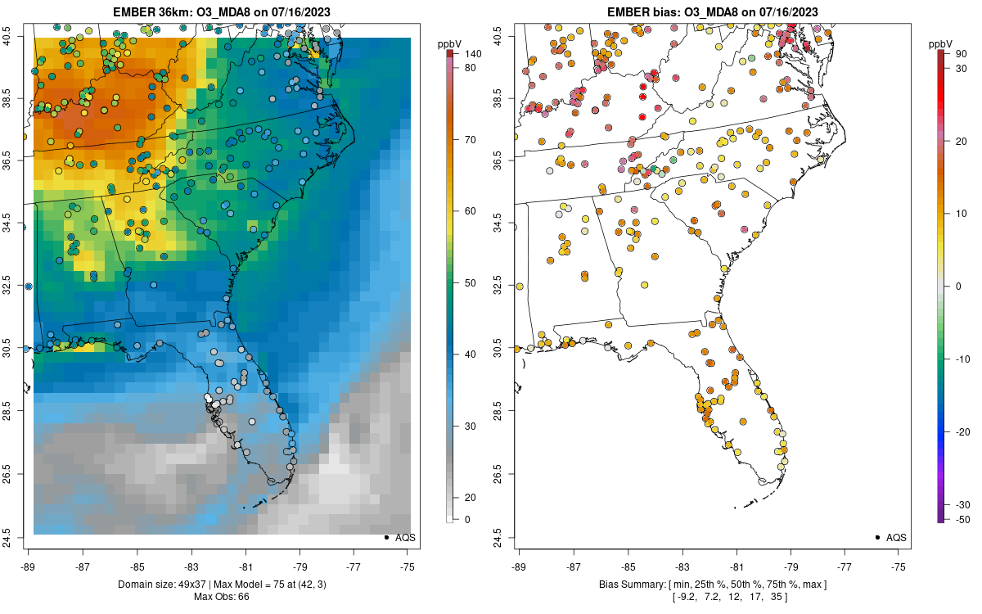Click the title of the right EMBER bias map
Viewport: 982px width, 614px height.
point(713,11)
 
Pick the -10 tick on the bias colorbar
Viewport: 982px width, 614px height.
point(962,359)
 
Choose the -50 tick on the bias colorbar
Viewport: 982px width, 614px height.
point(962,519)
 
